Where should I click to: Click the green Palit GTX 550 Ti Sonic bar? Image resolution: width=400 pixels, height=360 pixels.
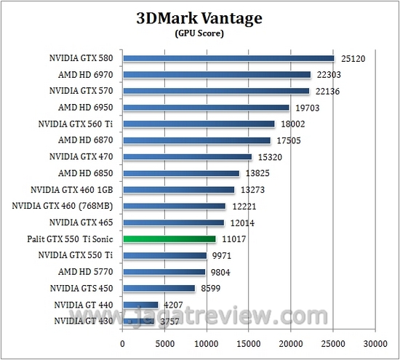169,239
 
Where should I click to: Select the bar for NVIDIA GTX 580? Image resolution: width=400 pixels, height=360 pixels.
228,58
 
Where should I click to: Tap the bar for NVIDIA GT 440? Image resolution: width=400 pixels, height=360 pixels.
140,304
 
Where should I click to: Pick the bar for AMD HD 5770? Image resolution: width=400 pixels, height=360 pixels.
164,271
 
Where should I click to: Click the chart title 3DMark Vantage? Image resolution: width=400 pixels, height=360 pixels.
199,17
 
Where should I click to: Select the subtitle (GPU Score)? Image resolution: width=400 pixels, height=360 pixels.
199,33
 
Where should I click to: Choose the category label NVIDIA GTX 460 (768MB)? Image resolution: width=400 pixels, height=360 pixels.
63,206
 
